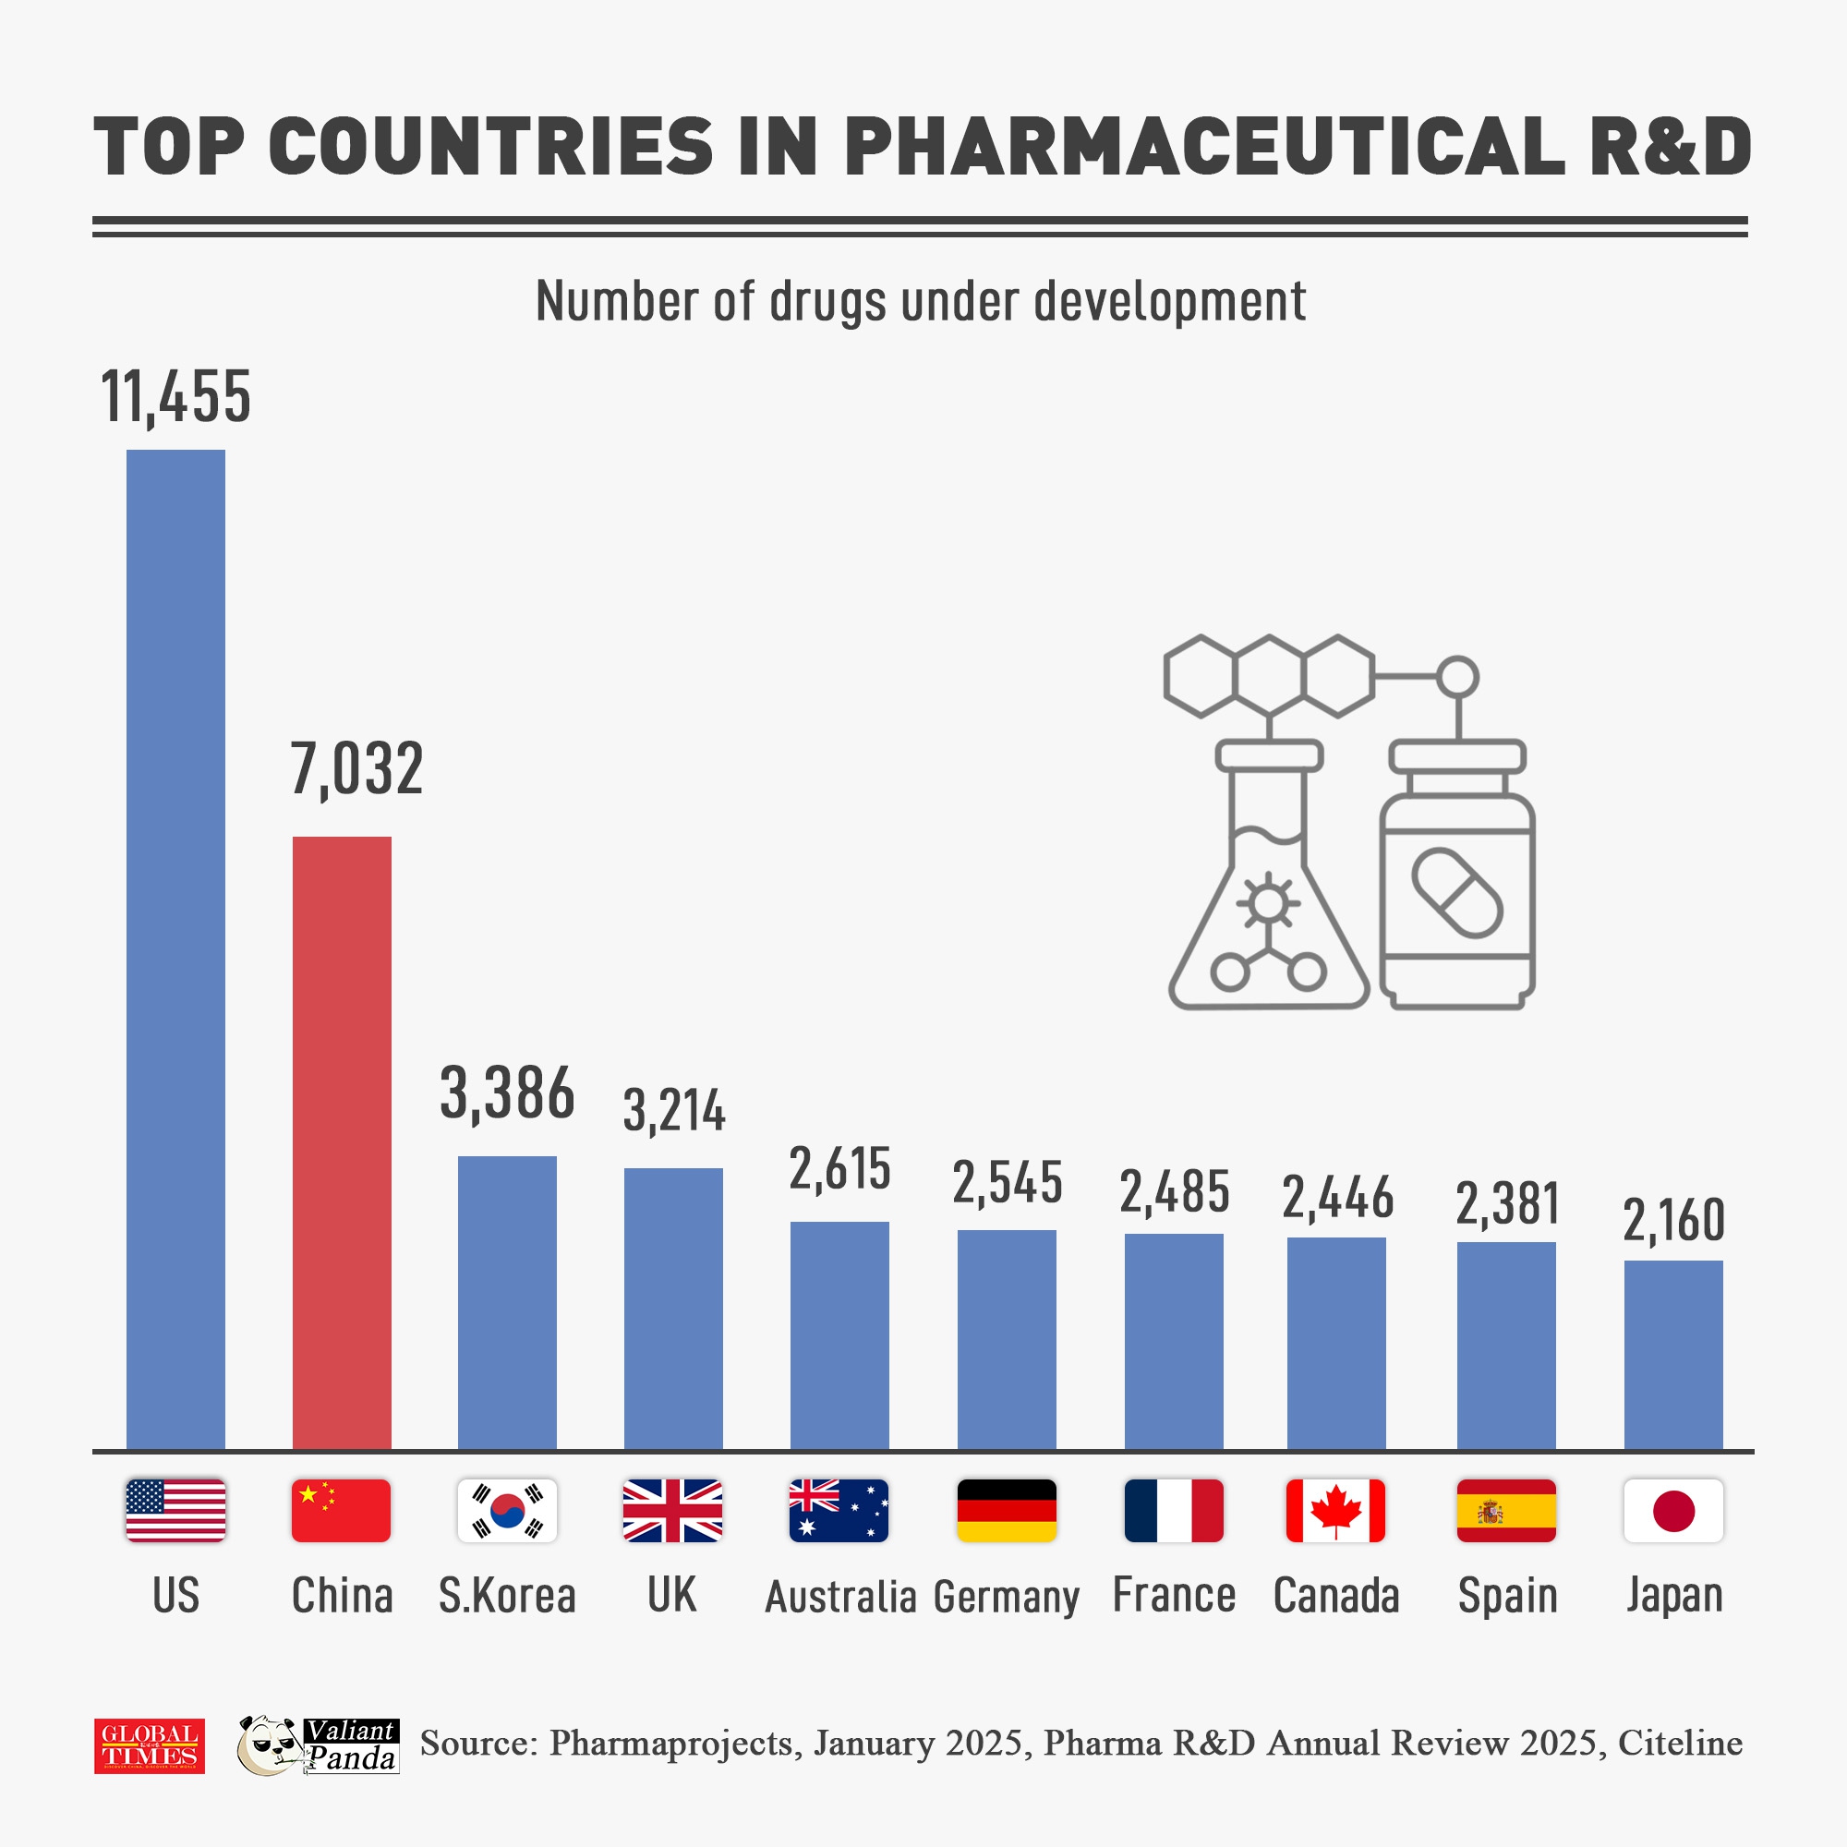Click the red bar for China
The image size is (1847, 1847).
(342, 1142)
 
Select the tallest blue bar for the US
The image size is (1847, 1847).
(175, 949)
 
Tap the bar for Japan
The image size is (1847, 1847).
(1673, 1355)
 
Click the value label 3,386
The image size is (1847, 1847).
(507, 1093)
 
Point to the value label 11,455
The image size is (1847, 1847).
(175, 397)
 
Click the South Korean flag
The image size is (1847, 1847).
(507, 1511)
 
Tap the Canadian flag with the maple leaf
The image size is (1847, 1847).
(1335, 1511)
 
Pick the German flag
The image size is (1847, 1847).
(1007, 1511)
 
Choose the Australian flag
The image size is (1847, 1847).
(839, 1511)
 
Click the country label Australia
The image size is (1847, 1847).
(840, 1597)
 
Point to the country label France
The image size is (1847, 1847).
(1174, 1595)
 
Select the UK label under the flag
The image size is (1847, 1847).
(672, 1595)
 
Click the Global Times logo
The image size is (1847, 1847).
(149, 1745)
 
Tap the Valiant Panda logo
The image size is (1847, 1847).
(318, 1745)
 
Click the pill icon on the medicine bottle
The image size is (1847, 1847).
(1457, 893)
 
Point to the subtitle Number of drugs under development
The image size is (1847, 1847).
(921, 301)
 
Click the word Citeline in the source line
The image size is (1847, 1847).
(1680, 1743)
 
